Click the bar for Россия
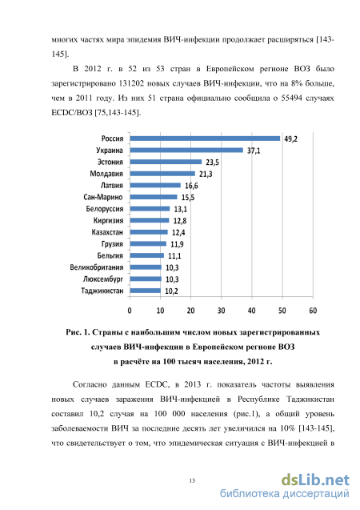coord(205,139)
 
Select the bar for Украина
coord(186,151)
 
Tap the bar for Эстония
coord(166,162)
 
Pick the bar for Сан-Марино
coord(154,197)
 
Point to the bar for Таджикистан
coord(146,291)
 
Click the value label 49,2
coord(290,139)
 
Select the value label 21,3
coord(206,174)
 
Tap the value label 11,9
coord(177,244)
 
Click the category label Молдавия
coord(106,174)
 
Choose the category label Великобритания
coord(97,267)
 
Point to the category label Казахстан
coord(107,232)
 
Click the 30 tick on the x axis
coord(222,311)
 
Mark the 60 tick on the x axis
coord(313,311)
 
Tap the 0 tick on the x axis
coord(130,311)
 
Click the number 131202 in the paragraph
coord(131,83)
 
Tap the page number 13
coord(192,480)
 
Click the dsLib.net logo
coord(315,480)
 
